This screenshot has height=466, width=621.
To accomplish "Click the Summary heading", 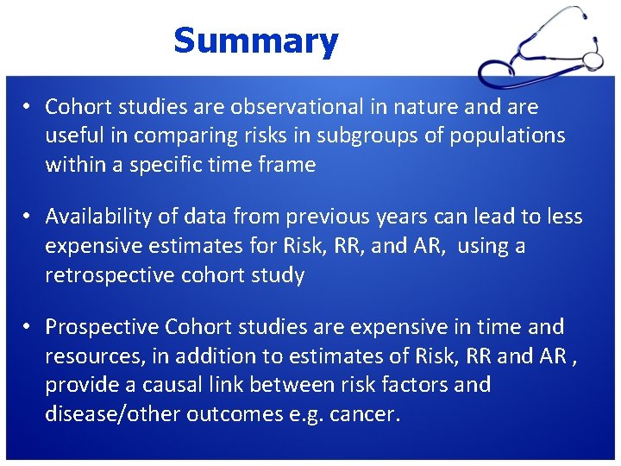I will coord(255,41).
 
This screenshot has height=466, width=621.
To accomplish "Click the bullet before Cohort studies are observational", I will coord(28,108).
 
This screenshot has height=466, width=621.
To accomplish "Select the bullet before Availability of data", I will coord(28,217).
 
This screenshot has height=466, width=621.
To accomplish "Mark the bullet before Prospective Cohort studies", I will coord(28,328).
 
